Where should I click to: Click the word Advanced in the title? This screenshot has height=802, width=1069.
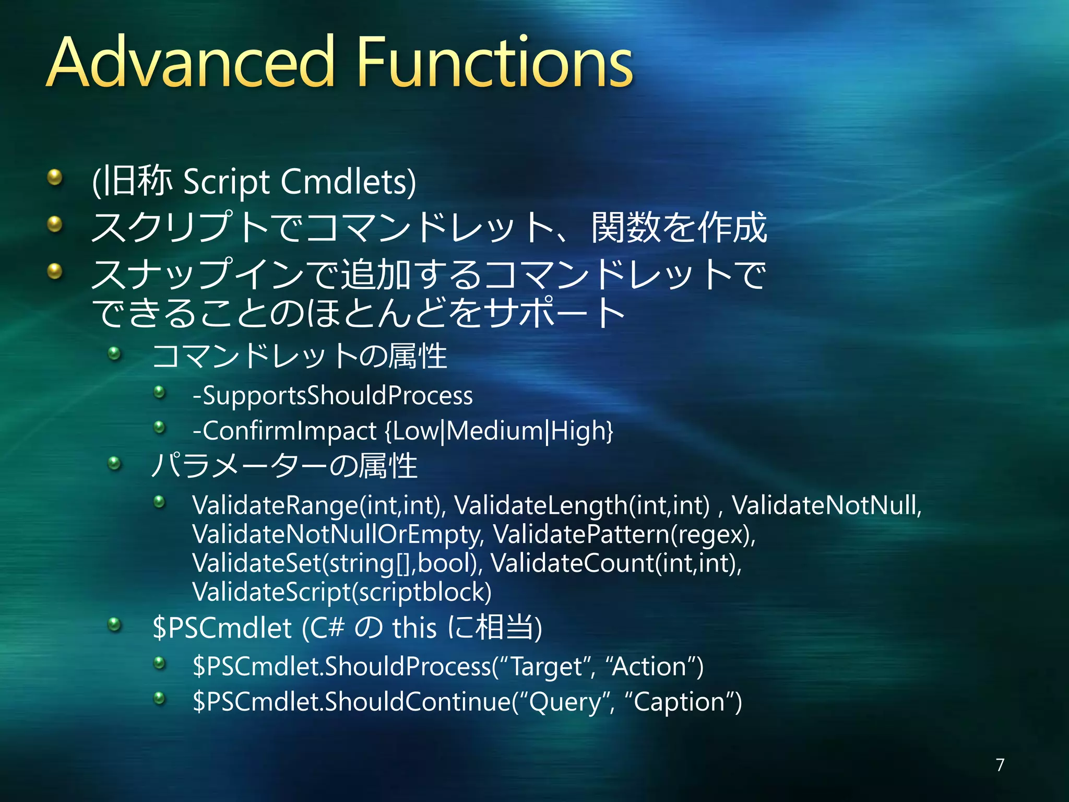[x=191, y=63]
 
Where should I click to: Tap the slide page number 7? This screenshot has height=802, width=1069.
[x=1000, y=764]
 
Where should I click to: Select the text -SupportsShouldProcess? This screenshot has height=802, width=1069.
[x=332, y=395]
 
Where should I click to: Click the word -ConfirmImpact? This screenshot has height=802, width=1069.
[x=284, y=431]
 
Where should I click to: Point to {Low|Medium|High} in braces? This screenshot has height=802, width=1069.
[x=499, y=431]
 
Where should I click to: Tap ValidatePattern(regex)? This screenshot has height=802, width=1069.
[x=624, y=534]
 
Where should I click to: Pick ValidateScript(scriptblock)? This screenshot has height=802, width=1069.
[x=342, y=592]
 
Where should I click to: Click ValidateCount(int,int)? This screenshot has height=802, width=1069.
[x=616, y=563]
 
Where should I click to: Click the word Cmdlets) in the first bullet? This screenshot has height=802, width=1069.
[x=348, y=182]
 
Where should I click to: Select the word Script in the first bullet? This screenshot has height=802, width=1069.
[x=227, y=182]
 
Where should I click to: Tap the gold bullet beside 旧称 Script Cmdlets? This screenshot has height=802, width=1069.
[x=54, y=178]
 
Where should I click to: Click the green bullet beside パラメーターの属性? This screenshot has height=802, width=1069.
[x=114, y=463]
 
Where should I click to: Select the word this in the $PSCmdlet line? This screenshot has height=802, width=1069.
[x=414, y=628]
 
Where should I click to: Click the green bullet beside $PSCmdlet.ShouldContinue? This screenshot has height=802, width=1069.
[x=159, y=698]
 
